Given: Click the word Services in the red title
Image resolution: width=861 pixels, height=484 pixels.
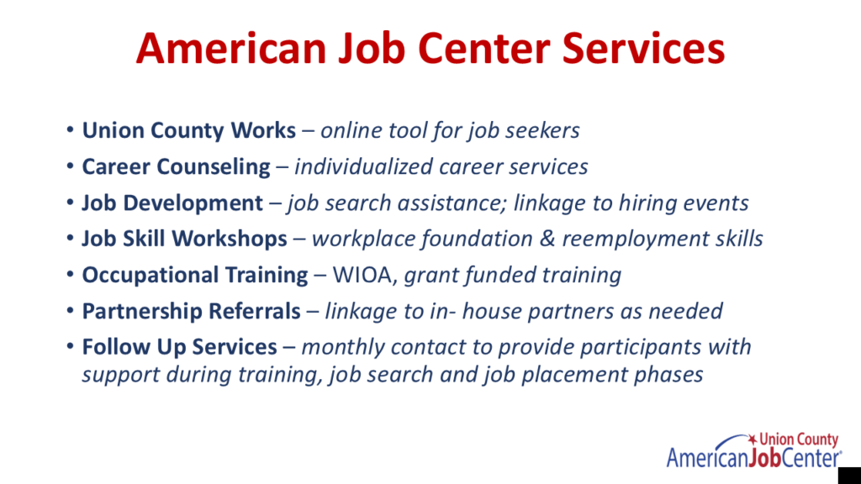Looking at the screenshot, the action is click(x=643, y=48).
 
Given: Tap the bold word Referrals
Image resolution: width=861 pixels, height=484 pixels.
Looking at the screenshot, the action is click(x=255, y=311).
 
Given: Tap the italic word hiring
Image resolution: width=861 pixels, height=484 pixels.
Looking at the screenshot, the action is click(x=648, y=203).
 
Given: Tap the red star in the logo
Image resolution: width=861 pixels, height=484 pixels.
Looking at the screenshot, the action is click(x=753, y=439).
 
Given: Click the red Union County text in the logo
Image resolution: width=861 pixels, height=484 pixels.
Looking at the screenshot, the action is click(x=799, y=439).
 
